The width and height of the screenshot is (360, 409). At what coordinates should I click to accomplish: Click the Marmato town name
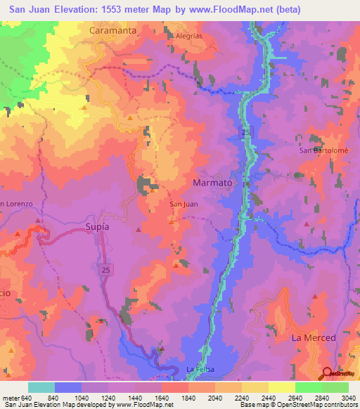point(212,182)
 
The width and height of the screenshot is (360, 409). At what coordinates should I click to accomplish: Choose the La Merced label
point(314,338)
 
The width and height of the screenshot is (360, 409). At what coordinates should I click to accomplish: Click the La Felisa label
point(200,370)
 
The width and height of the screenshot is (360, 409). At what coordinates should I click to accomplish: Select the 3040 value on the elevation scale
point(348,397)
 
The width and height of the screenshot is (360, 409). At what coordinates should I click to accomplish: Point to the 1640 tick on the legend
point(162,397)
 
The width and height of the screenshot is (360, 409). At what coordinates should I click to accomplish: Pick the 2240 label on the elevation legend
point(242,397)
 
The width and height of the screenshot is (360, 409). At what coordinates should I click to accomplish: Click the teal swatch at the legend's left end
point(41,387)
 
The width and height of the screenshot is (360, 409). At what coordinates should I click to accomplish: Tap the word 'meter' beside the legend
point(10,397)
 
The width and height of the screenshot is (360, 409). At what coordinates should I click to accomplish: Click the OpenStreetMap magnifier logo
point(328,375)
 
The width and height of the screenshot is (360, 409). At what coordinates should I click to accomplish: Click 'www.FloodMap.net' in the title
point(219,10)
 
